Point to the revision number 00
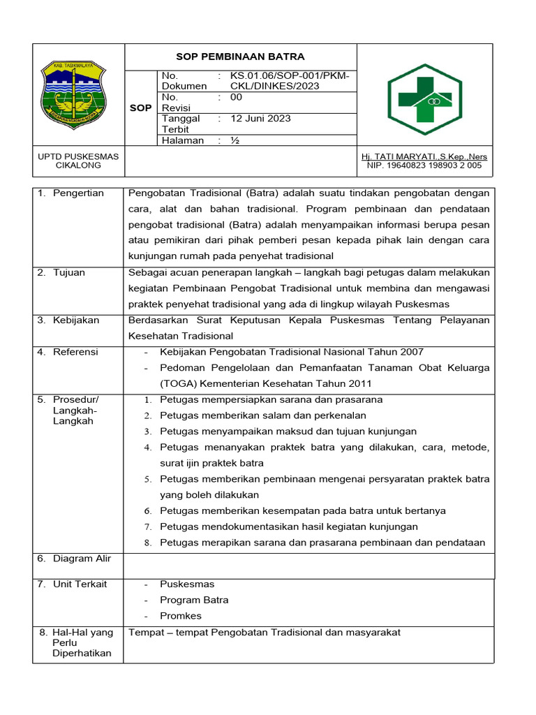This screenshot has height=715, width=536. (236, 98)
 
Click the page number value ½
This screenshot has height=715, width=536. (235, 140)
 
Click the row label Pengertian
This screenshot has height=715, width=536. (78, 193)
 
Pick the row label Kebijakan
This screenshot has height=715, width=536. (76, 320)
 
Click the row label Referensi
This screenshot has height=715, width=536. (75, 352)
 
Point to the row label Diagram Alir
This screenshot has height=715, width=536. (82, 559)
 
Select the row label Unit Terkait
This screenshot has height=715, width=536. (80, 584)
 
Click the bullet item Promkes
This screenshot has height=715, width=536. (180, 616)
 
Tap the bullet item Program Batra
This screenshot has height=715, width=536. (194, 600)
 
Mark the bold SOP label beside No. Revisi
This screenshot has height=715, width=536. (141, 108)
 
